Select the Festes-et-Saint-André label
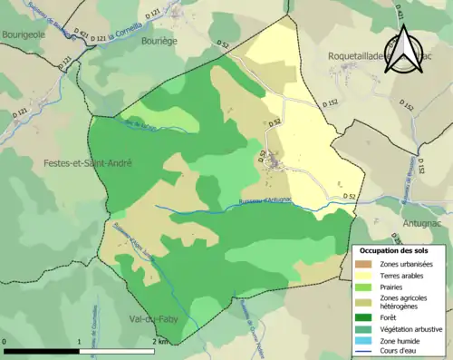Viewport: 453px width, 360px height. [88, 163]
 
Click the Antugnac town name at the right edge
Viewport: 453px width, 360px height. [425, 221]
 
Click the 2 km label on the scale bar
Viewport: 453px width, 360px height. [159, 343]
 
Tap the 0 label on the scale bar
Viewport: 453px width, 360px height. [6, 343]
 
